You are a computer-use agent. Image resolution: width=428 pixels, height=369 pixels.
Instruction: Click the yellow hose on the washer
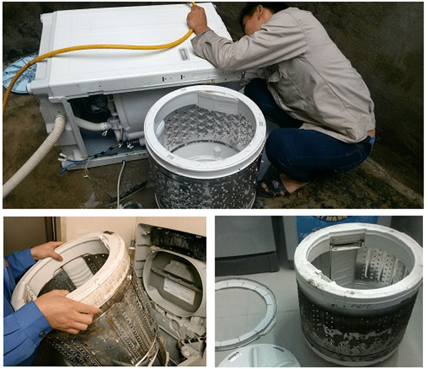107,49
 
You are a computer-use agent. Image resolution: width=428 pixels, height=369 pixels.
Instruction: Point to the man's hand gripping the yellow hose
198,21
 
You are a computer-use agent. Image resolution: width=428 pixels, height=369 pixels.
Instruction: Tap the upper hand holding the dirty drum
46,251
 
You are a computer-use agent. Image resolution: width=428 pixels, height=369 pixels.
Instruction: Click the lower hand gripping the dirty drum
68,311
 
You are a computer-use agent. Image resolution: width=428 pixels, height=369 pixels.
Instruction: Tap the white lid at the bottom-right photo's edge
256,356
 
